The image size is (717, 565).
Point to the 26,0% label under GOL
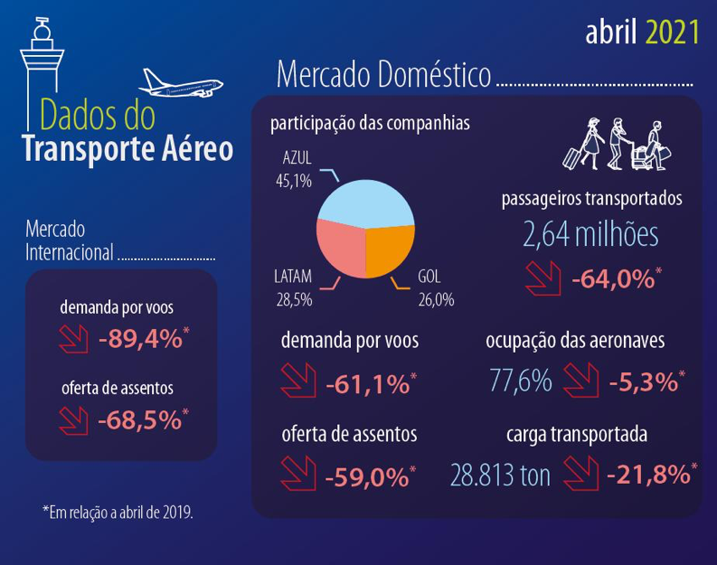(435, 299)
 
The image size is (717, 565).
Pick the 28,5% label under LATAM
(294, 299)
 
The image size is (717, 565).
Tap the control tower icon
(40, 72)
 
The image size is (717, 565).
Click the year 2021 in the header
(673, 33)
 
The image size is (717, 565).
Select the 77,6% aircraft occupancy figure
(520, 381)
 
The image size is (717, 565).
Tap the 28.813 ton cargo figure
(500, 475)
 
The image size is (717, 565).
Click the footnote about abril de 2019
(118, 513)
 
